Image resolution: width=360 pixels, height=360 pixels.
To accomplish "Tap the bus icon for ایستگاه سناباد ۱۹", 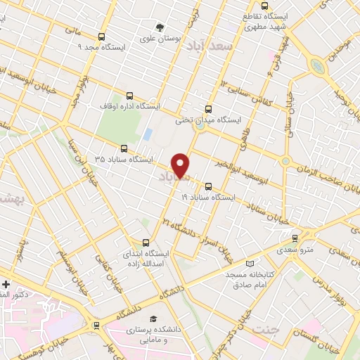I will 208,186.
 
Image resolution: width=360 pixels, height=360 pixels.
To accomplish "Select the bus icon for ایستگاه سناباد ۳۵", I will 124,148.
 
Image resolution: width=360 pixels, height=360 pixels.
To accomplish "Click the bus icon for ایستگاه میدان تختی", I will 207,109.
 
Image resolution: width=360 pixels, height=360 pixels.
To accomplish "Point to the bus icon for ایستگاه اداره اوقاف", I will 129,96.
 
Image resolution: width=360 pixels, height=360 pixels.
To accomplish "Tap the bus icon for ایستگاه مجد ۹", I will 103,37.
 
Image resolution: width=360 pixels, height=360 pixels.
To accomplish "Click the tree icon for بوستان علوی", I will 161,27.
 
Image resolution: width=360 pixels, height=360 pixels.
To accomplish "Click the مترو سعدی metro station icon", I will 295,238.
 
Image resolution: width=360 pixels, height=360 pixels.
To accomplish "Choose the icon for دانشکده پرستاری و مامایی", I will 153,318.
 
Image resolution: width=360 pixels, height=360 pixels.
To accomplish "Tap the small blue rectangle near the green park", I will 148,133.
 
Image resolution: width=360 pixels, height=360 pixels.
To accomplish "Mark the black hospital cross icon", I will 6,284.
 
